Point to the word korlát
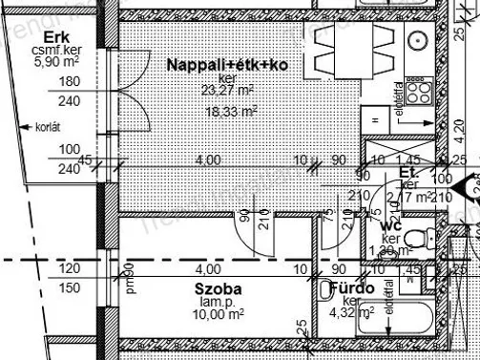point(49,124)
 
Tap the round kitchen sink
point(417,41)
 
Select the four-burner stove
point(418,93)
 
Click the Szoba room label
point(217,288)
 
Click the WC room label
point(390,226)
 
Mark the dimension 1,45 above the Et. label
point(407,159)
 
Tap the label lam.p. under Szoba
point(217,301)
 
